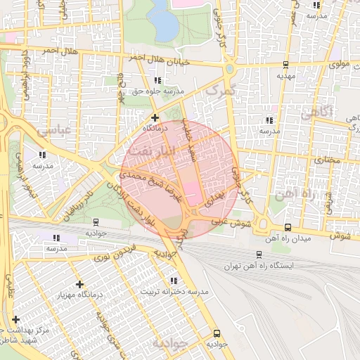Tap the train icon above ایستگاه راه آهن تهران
[262, 256]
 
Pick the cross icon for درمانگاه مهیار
[79, 284]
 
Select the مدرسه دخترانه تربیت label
[176, 290]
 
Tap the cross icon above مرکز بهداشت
[15, 319]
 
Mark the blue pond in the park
[163, 20]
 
